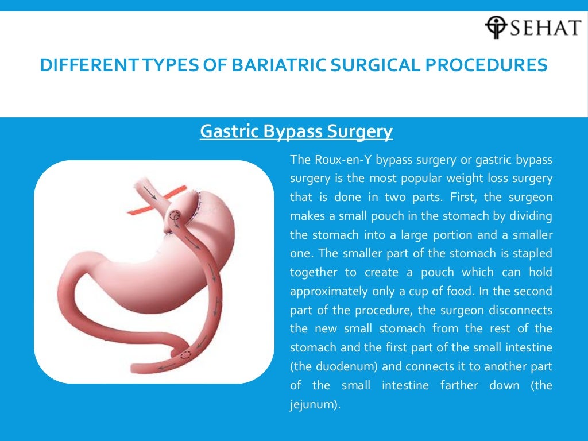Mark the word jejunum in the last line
314,404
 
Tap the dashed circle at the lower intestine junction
185,355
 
